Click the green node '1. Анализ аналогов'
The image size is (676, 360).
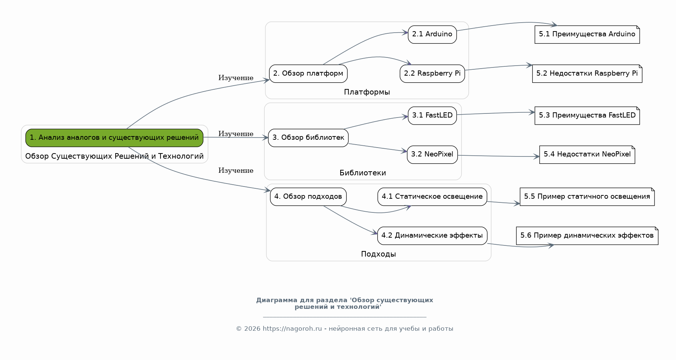click(114, 138)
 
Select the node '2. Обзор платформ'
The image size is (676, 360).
click(308, 73)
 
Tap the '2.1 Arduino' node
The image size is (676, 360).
click(432, 34)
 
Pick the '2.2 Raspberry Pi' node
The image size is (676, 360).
click(432, 73)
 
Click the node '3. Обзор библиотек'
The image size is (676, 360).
click(308, 138)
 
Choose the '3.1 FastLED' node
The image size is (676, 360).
click(432, 116)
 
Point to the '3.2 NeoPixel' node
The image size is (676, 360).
click(432, 155)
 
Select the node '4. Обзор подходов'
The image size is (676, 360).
click(308, 196)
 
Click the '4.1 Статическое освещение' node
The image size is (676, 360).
click(432, 196)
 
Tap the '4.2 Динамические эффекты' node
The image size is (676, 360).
click(432, 236)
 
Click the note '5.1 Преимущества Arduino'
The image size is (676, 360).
click(587, 34)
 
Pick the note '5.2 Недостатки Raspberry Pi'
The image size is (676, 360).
click(587, 73)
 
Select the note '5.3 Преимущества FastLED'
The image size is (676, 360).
click(587, 116)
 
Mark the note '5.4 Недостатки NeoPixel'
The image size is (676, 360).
click(587, 155)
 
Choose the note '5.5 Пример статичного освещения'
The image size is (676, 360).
click(587, 196)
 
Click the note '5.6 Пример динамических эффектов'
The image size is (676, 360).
click(587, 236)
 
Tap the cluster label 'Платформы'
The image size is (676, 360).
click(367, 92)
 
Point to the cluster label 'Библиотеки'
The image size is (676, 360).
click(363, 173)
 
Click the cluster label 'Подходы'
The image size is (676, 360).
click(378, 254)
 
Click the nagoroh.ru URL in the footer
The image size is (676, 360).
click(292, 329)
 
